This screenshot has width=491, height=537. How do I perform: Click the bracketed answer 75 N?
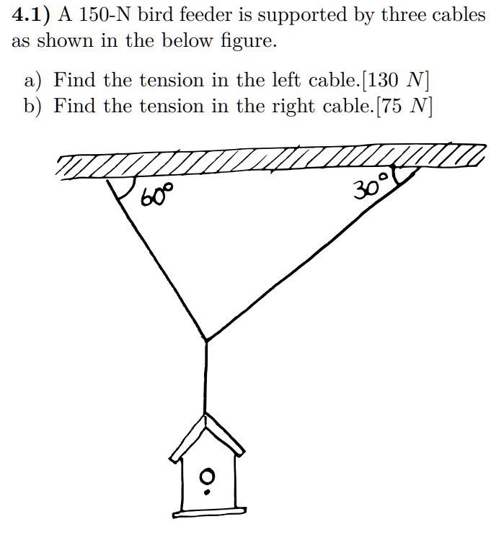click(404, 106)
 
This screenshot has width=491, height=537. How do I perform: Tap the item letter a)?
click(33, 79)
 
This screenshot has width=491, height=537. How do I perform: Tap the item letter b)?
click(33, 106)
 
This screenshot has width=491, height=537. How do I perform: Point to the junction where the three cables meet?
click(207, 339)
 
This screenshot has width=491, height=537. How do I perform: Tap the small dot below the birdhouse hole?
click(207, 492)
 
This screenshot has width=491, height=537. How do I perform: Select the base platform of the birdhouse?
click(207, 510)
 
